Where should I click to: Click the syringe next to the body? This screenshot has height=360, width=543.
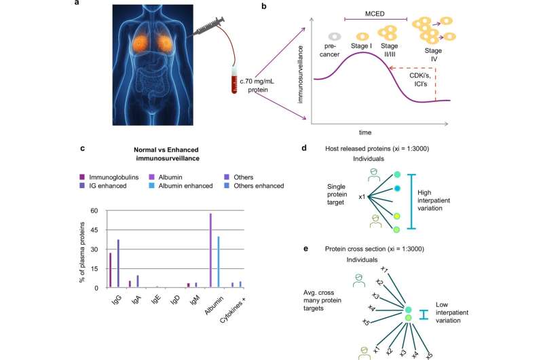coord(208,26)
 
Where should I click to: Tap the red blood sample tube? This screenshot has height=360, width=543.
coord(234,80)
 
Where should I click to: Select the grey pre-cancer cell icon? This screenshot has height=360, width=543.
coord(335,36)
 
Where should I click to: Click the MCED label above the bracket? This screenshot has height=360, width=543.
coord(375,14)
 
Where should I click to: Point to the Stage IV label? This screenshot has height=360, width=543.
coord(433,54)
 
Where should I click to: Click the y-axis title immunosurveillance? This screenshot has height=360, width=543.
coord(300,75)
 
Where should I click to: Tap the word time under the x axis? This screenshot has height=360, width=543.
coord(365,132)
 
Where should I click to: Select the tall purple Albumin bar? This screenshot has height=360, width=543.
coord(210,251)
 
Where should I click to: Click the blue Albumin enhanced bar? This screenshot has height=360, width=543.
coord(218,262)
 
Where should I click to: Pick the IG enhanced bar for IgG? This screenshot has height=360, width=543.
coord(118,264)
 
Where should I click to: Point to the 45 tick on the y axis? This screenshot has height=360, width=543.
coord(94,230)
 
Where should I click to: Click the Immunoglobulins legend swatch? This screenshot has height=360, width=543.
coord(82,177)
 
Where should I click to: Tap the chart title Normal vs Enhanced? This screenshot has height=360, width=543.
coord(166,150)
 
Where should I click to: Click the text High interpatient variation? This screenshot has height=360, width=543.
coord(434,200)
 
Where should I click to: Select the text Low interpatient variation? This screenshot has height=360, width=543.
coord(452,312)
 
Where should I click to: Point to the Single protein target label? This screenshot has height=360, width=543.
coord(337,194)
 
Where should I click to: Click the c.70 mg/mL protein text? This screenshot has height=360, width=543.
coord(257,86)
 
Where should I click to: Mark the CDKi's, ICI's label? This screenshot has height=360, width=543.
coord(420,79)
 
